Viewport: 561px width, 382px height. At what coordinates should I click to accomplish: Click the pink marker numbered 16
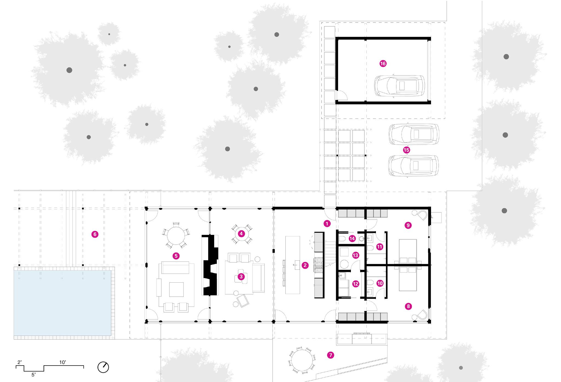click(x=383, y=64)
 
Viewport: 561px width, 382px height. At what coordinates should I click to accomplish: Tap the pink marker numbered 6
click(x=95, y=234)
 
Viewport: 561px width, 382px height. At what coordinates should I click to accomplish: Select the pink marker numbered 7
click(x=330, y=355)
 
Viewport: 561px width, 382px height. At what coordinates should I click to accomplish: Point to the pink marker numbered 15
click(x=406, y=150)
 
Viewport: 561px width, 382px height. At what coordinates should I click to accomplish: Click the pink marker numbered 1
click(x=327, y=223)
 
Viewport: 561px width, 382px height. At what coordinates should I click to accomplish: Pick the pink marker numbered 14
click(x=352, y=238)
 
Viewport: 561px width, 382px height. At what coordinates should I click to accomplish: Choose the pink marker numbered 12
click(x=356, y=284)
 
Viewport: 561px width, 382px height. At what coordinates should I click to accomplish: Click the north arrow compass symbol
click(x=103, y=367)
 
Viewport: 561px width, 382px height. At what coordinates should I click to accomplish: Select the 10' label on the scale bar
click(x=63, y=363)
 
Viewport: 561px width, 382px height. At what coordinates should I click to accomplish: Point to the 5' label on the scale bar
click(x=33, y=375)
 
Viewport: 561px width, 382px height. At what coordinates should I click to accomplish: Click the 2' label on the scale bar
click(x=19, y=363)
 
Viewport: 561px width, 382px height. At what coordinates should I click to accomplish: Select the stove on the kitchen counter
click(x=319, y=266)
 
